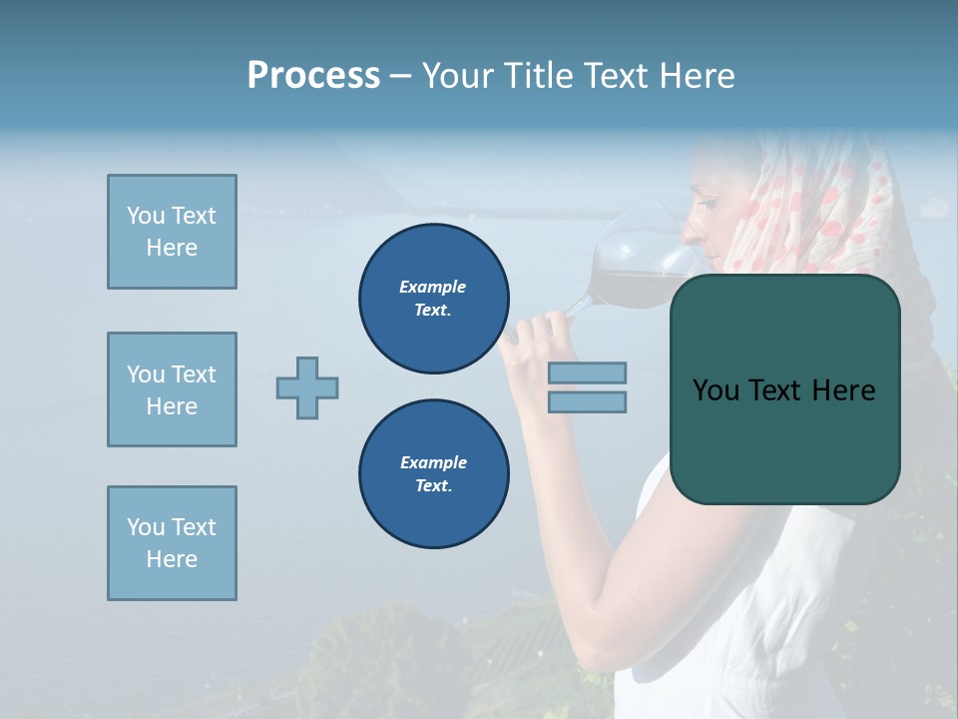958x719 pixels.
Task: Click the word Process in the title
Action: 313,76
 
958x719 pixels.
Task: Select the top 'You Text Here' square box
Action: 172,232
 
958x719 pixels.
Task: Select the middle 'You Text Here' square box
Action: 172,389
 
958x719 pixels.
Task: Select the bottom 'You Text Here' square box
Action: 172,543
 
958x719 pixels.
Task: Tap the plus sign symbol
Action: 307,387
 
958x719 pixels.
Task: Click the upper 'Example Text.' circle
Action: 433,299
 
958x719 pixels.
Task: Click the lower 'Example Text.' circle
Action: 433,474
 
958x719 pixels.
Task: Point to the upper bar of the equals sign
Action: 587,372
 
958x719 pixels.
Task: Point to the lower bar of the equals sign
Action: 587,401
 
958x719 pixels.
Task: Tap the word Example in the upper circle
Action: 433,287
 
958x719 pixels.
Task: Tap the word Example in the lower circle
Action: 433,462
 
